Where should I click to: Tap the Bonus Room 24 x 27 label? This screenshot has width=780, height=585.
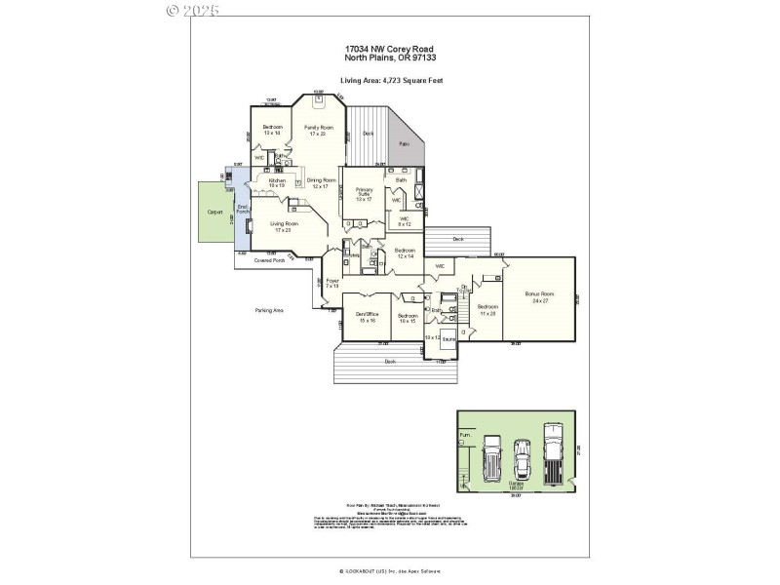click(x=539, y=295)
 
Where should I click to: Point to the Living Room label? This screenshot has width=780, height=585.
click(x=286, y=226)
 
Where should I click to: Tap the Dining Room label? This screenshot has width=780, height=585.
click(x=322, y=182)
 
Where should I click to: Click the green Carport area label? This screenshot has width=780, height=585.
click(x=214, y=212)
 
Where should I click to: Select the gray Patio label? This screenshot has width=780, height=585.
click(x=403, y=144)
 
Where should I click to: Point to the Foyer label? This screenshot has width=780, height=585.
click(x=332, y=284)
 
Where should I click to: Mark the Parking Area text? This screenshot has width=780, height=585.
click(x=269, y=310)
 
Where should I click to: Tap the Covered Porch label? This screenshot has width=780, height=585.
click(x=269, y=260)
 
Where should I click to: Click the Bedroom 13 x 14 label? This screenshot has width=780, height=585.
click(x=272, y=130)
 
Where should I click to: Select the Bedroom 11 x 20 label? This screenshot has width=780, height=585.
click(x=487, y=310)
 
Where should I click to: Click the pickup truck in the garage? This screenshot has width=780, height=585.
click(x=553, y=453)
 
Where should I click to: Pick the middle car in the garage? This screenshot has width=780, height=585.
click(x=523, y=458)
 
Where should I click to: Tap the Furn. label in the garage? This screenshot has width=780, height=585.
click(x=465, y=434)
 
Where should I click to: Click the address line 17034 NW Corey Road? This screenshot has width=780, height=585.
click(x=389, y=48)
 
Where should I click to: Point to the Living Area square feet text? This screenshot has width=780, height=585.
click(x=390, y=80)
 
